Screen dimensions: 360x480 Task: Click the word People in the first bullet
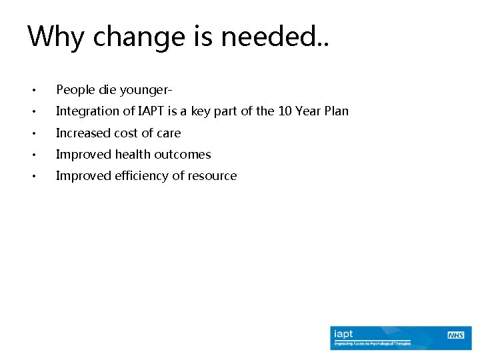(74, 90)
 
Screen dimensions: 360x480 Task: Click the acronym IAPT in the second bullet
(160, 111)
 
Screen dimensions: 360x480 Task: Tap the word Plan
(335, 111)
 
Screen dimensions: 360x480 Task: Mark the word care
(169, 133)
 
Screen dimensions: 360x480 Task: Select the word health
(135, 154)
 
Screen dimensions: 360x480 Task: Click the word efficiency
(145, 175)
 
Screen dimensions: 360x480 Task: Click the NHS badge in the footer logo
(456, 334)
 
